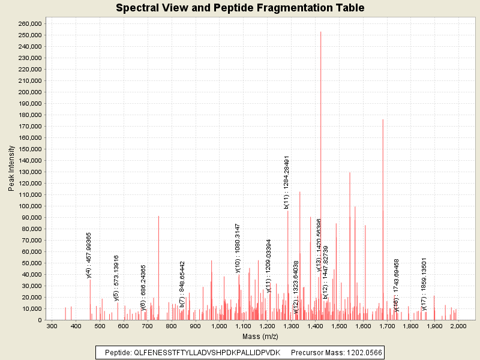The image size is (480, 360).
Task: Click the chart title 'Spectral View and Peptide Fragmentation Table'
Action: (x=240, y=8)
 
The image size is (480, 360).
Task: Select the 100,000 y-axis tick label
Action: (x=29, y=206)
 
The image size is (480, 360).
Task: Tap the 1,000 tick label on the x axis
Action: (x=219, y=326)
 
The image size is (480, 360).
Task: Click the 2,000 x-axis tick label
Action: (x=458, y=326)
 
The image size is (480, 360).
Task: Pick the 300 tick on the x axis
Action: (x=52, y=326)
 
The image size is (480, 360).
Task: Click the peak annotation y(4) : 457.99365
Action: (x=89, y=255)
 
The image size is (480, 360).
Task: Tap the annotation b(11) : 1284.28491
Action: (x=287, y=182)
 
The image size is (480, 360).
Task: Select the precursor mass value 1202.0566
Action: (x=361, y=352)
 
